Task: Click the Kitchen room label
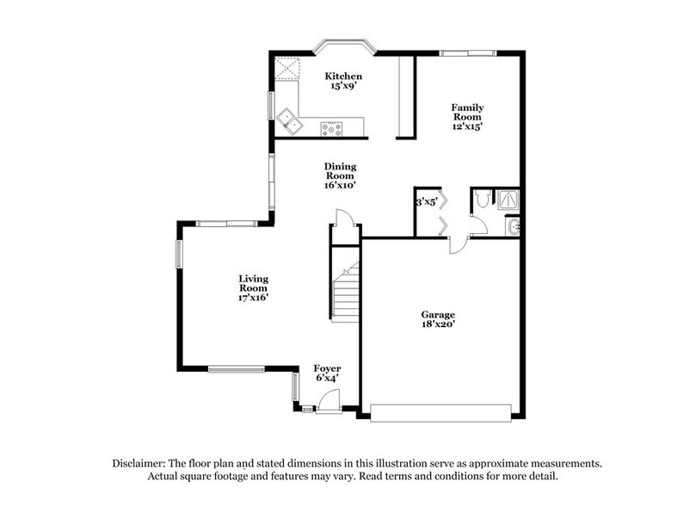[x=331, y=81]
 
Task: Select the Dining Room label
[x=340, y=175]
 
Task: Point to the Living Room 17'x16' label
[x=254, y=287]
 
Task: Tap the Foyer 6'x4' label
[x=326, y=371]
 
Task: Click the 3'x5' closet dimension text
[x=427, y=202]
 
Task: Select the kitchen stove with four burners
[x=331, y=130]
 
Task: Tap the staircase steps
[x=347, y=297]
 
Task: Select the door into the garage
[x=458, y=245]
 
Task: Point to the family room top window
[x=466, y=53]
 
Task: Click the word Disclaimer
[x=139, y=463]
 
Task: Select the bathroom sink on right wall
[x=514, y=226]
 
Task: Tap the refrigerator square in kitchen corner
[x=286, y=68]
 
